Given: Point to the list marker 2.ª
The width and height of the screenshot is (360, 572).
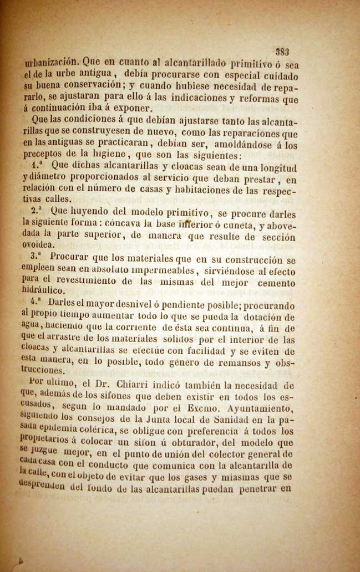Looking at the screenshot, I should (38, 211).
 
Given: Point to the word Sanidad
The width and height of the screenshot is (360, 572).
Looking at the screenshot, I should (246, 419).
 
